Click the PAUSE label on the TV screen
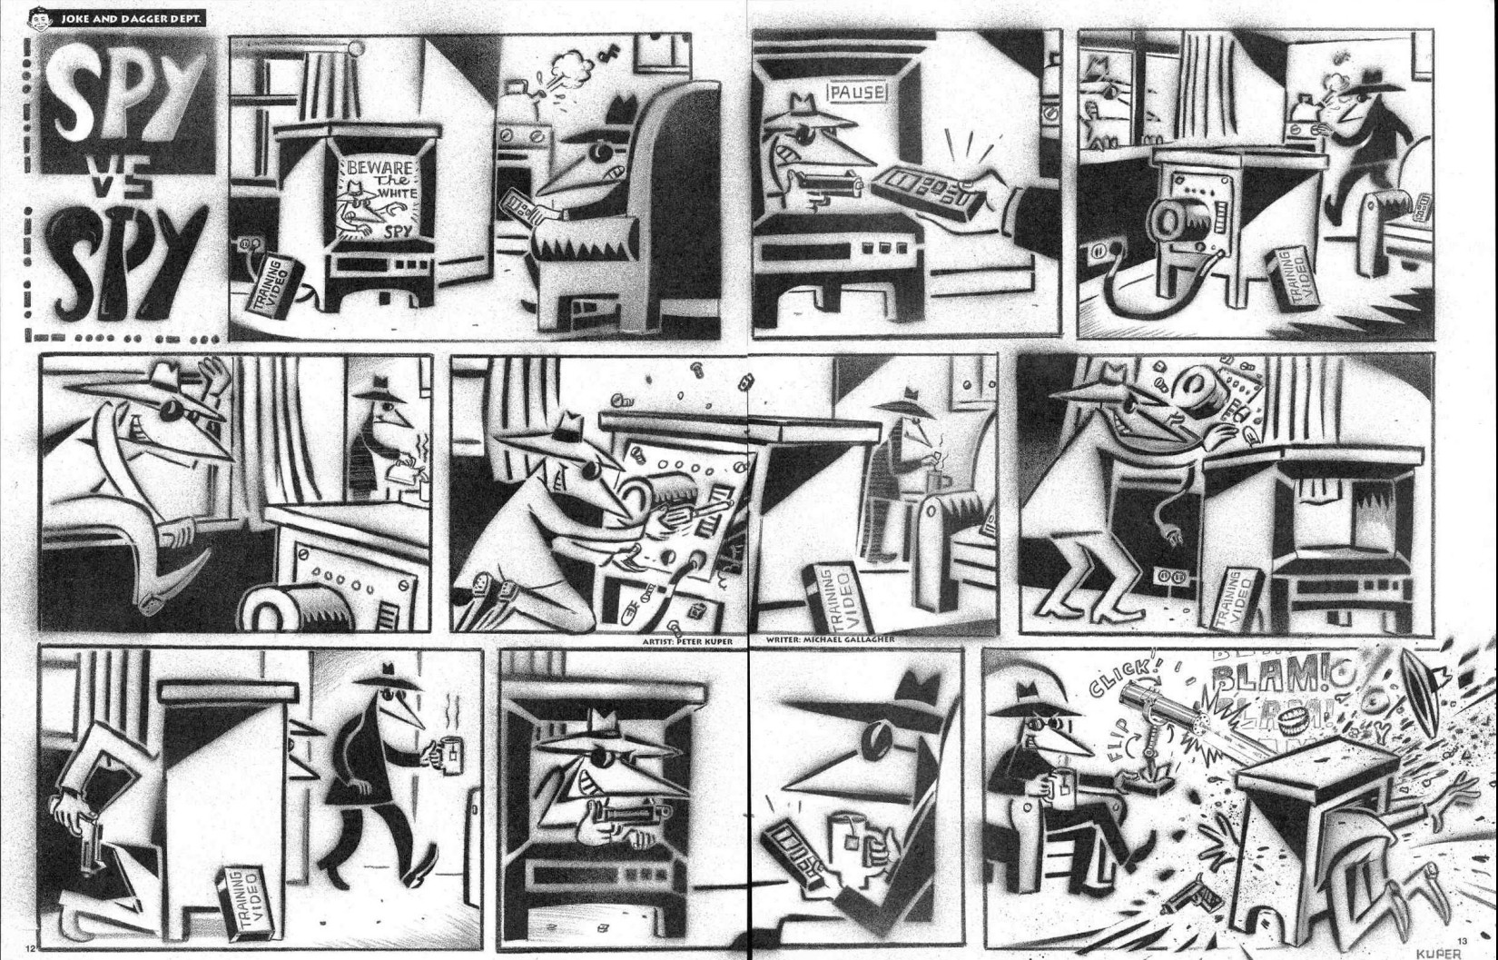(x=857, y=92)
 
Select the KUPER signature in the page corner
(x=1439, y=953)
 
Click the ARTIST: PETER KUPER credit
(x=686, y=641)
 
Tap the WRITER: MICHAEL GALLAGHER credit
(x=831, y=639)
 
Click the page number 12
(x=30, y=948)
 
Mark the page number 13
(x=1462, y=940)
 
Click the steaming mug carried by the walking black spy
(x=449, y=757)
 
